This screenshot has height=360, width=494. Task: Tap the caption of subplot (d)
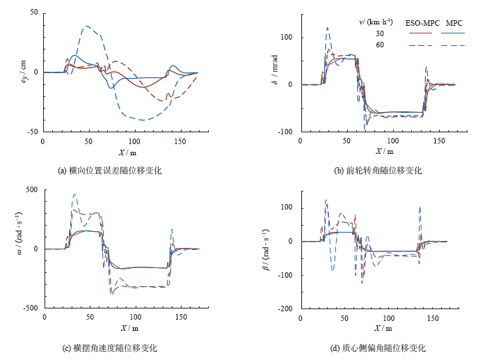[x=379, y=347]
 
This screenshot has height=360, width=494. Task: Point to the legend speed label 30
[x=379, y=33]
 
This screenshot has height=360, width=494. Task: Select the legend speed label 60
[x=379, y=45]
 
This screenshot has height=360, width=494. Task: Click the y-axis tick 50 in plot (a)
[x=33, y=13]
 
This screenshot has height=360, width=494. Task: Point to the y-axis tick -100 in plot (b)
[x=286, y=131]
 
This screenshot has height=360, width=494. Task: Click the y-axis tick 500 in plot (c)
[x=31, y=189]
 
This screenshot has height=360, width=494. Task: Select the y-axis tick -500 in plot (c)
[x=30, y=307]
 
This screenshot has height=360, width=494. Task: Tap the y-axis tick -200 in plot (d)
[x=286, y=308]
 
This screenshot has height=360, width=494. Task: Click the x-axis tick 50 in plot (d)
[x=346, y=318]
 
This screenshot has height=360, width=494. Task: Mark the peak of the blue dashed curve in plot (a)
[x=86, y=26]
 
